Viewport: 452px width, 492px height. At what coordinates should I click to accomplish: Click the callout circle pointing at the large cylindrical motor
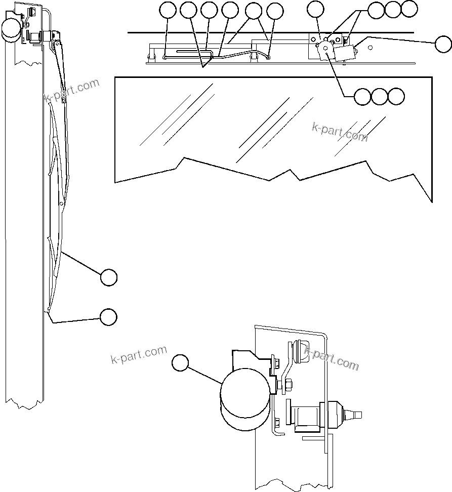180,363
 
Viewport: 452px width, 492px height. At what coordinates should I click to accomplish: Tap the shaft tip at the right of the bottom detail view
358,415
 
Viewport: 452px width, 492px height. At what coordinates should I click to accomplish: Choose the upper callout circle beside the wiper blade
108,277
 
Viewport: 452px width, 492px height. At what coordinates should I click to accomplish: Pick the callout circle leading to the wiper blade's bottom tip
108,317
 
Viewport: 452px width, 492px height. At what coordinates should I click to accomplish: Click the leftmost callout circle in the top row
168,10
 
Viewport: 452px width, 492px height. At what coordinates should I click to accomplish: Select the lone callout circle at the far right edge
443,44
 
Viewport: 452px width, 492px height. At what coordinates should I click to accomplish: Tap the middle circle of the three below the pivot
379,96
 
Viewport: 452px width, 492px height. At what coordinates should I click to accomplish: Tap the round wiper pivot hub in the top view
325,49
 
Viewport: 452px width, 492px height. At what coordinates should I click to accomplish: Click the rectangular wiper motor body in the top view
345,52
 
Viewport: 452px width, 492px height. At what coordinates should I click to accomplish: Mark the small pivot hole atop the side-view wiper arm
64,100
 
